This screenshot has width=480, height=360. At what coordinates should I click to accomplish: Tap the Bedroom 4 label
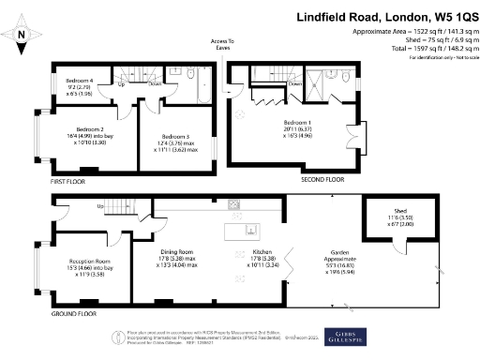pos(78,80)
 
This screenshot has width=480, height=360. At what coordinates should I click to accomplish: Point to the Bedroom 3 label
pos(175,137)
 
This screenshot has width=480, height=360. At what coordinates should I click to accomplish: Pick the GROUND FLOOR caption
pos(73,314)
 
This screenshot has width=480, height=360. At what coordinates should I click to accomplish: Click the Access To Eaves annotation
pos(221,45)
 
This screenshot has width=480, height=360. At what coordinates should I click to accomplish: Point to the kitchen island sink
pos(249,230)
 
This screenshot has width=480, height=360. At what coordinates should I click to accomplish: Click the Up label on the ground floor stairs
pos(99,207)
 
